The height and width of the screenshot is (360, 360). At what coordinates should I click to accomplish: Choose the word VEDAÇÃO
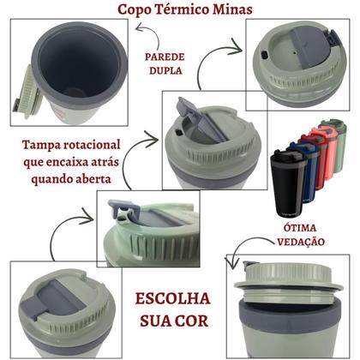301,242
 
